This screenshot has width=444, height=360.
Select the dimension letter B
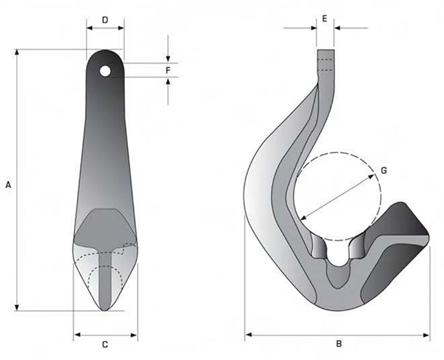click(x=338, y=344)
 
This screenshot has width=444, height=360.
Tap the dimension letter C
click(x=104, y=344)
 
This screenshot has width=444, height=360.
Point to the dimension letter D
click(x=105, y=19)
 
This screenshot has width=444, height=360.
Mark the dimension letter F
click(x=169, y=70)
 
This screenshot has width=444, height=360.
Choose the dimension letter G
click(x=383, y=170)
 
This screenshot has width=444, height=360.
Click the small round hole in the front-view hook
click(x=106, y=71)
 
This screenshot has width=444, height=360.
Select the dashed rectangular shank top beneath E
click(x=326, y=59)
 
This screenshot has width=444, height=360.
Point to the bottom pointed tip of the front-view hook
click(x=105, y=309)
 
